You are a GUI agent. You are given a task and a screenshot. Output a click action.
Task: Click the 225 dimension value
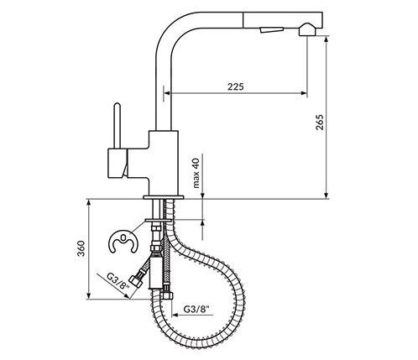coord(236,86)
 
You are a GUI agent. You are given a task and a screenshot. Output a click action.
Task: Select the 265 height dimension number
coord(319,123)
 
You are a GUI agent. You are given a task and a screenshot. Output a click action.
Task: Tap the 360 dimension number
coord(81,248)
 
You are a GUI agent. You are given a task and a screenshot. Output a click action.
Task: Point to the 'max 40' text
coord(196,173)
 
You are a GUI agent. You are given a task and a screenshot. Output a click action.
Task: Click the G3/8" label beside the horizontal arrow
coord(196,309)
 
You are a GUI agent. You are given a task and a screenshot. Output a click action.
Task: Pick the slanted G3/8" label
coord(118,282)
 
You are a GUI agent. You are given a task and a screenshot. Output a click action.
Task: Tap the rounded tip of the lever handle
coord(118,106)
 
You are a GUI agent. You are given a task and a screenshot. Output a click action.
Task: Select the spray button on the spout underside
coord(271,29)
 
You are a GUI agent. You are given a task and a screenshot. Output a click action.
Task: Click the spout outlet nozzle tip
coord(307,30)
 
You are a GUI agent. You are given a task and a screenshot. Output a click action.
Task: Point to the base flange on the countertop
coord(163,197)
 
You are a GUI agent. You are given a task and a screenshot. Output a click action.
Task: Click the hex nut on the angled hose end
coord(136,281)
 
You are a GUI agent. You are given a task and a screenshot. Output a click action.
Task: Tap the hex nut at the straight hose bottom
coord(167,295)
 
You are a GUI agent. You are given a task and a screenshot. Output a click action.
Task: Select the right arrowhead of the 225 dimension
coord(304,93)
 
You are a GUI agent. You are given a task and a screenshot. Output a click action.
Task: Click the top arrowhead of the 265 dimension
coord(327,39)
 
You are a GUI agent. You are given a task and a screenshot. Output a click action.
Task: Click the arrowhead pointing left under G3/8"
coord(175,315)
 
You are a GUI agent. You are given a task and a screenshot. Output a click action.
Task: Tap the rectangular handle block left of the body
coord(118,164)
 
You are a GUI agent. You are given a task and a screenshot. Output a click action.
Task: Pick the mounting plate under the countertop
coord(158,221)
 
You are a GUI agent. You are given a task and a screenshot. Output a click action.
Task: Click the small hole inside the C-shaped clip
coord(123,238)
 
